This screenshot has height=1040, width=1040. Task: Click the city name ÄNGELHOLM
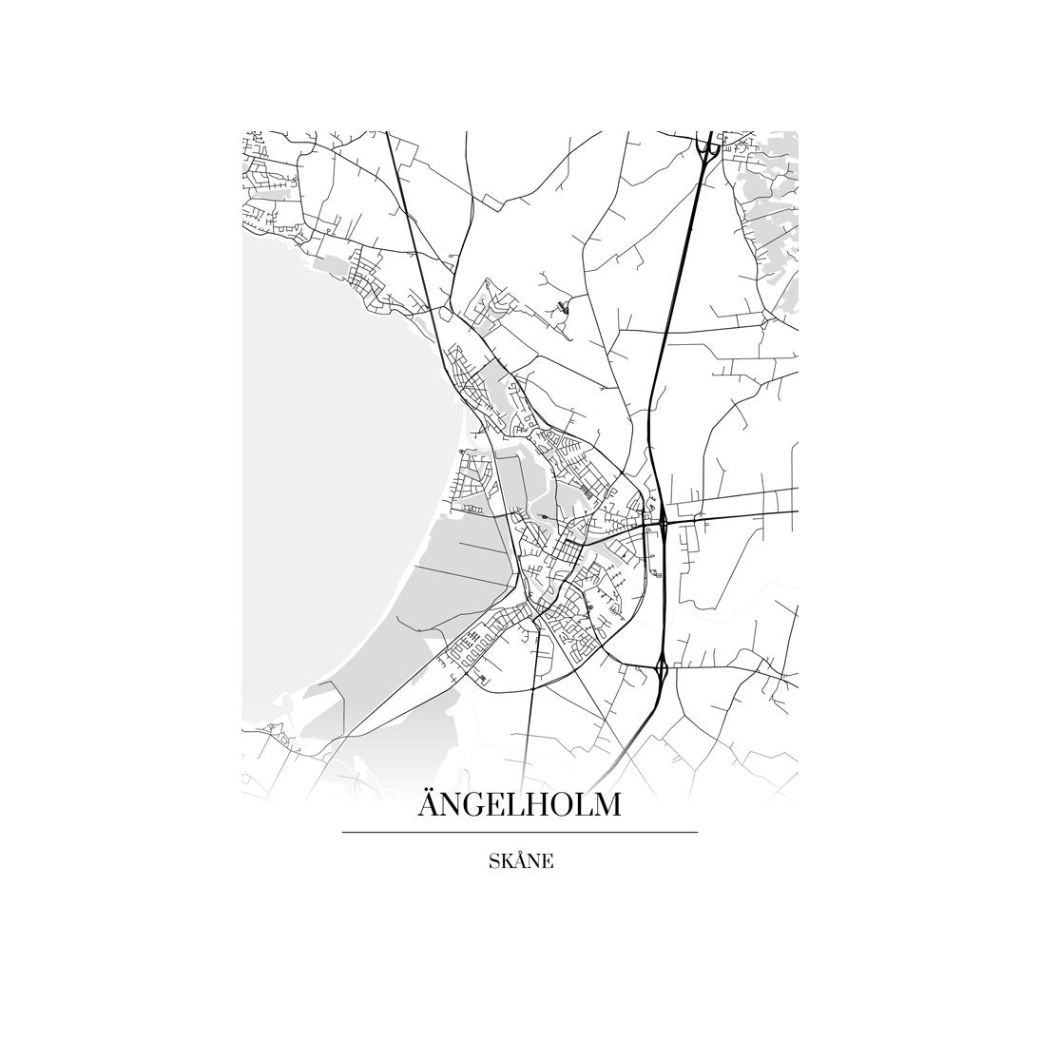click(x=519, y=804)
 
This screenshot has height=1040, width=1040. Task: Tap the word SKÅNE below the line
click(x=520, y=862)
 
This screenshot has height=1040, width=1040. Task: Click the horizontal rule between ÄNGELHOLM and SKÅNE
click(x=519, y=833)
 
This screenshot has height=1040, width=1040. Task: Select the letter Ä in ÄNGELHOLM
click(x=429, y=804)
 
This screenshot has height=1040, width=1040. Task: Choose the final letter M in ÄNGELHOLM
click(x=607, y=805)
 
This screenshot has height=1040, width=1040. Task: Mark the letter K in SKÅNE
click(x=504, y=862)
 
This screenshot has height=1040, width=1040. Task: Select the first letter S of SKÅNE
click(x=492, y=862)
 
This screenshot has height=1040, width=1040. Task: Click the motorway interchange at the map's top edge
click(x=706, y=144)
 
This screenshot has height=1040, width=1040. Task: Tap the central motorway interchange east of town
click(x=663, y=521)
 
